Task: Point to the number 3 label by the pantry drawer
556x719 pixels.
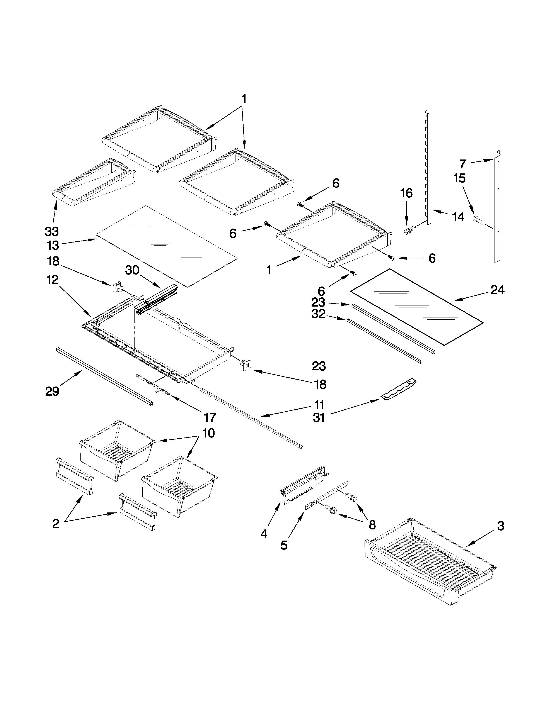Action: pos(500,526)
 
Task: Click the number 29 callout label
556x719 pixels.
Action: pos(52,392)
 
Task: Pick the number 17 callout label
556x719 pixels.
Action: pos(210,417)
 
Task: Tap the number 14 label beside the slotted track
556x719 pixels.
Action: pos(458,217)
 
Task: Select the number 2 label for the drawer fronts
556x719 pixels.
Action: pos(56,523)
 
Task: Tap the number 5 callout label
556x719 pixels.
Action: pos(284,545)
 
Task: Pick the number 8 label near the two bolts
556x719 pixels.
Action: pos(372,525)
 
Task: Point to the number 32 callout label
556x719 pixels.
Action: pos(319,314)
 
